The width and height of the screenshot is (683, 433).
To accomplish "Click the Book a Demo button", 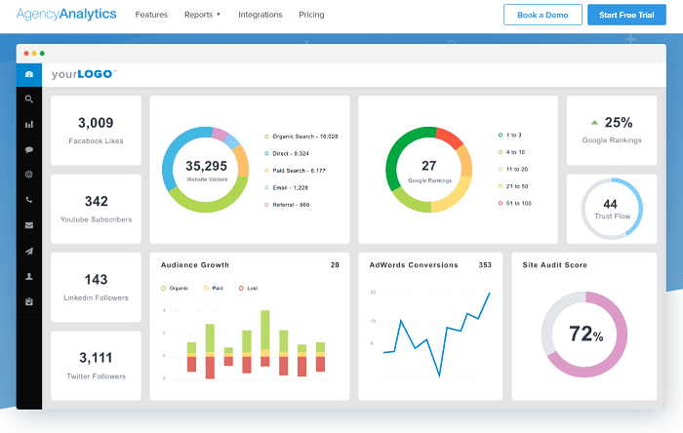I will click(x=542, y=15).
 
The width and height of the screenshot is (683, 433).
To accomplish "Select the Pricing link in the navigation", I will click(x=311, y=15).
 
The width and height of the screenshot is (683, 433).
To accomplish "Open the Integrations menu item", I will click(x=261, y=15).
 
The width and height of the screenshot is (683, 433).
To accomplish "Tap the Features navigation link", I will click(x=151, y=15).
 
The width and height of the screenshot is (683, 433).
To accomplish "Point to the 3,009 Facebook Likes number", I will click(x=96, y=123).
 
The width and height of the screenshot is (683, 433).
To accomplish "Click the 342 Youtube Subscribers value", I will click(x=96, y=202).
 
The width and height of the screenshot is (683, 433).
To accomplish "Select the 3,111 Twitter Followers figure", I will click(x=96, y=358).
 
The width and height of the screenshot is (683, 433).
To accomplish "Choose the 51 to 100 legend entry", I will click(x=518, y=204).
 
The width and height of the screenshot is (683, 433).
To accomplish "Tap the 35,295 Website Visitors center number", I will click(x=206, y=166).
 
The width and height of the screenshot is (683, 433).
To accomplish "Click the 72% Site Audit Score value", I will click(x=585, y=335).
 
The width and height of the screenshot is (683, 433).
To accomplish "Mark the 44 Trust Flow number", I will click(x=610, y=204).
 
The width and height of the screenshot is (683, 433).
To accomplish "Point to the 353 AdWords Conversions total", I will click(x=485, y=265).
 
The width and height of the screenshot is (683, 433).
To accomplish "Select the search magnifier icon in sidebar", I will click(x=29, y=98).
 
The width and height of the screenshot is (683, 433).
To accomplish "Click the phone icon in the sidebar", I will click(x=29, y=200).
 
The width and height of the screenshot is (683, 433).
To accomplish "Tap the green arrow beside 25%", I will click(x=594, y=123).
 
